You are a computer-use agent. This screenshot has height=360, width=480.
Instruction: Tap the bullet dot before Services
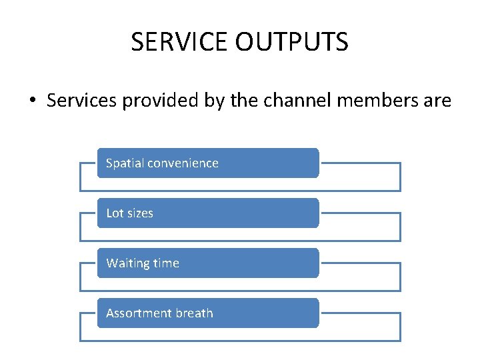coord(32,101)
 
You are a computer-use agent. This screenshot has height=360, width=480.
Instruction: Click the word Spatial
coord(125,163)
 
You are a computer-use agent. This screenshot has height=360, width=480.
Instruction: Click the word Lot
coord(114,213)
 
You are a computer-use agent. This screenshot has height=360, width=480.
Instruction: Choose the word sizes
coord(139,213)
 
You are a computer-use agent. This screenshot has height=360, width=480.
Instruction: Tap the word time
coord(166,263)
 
